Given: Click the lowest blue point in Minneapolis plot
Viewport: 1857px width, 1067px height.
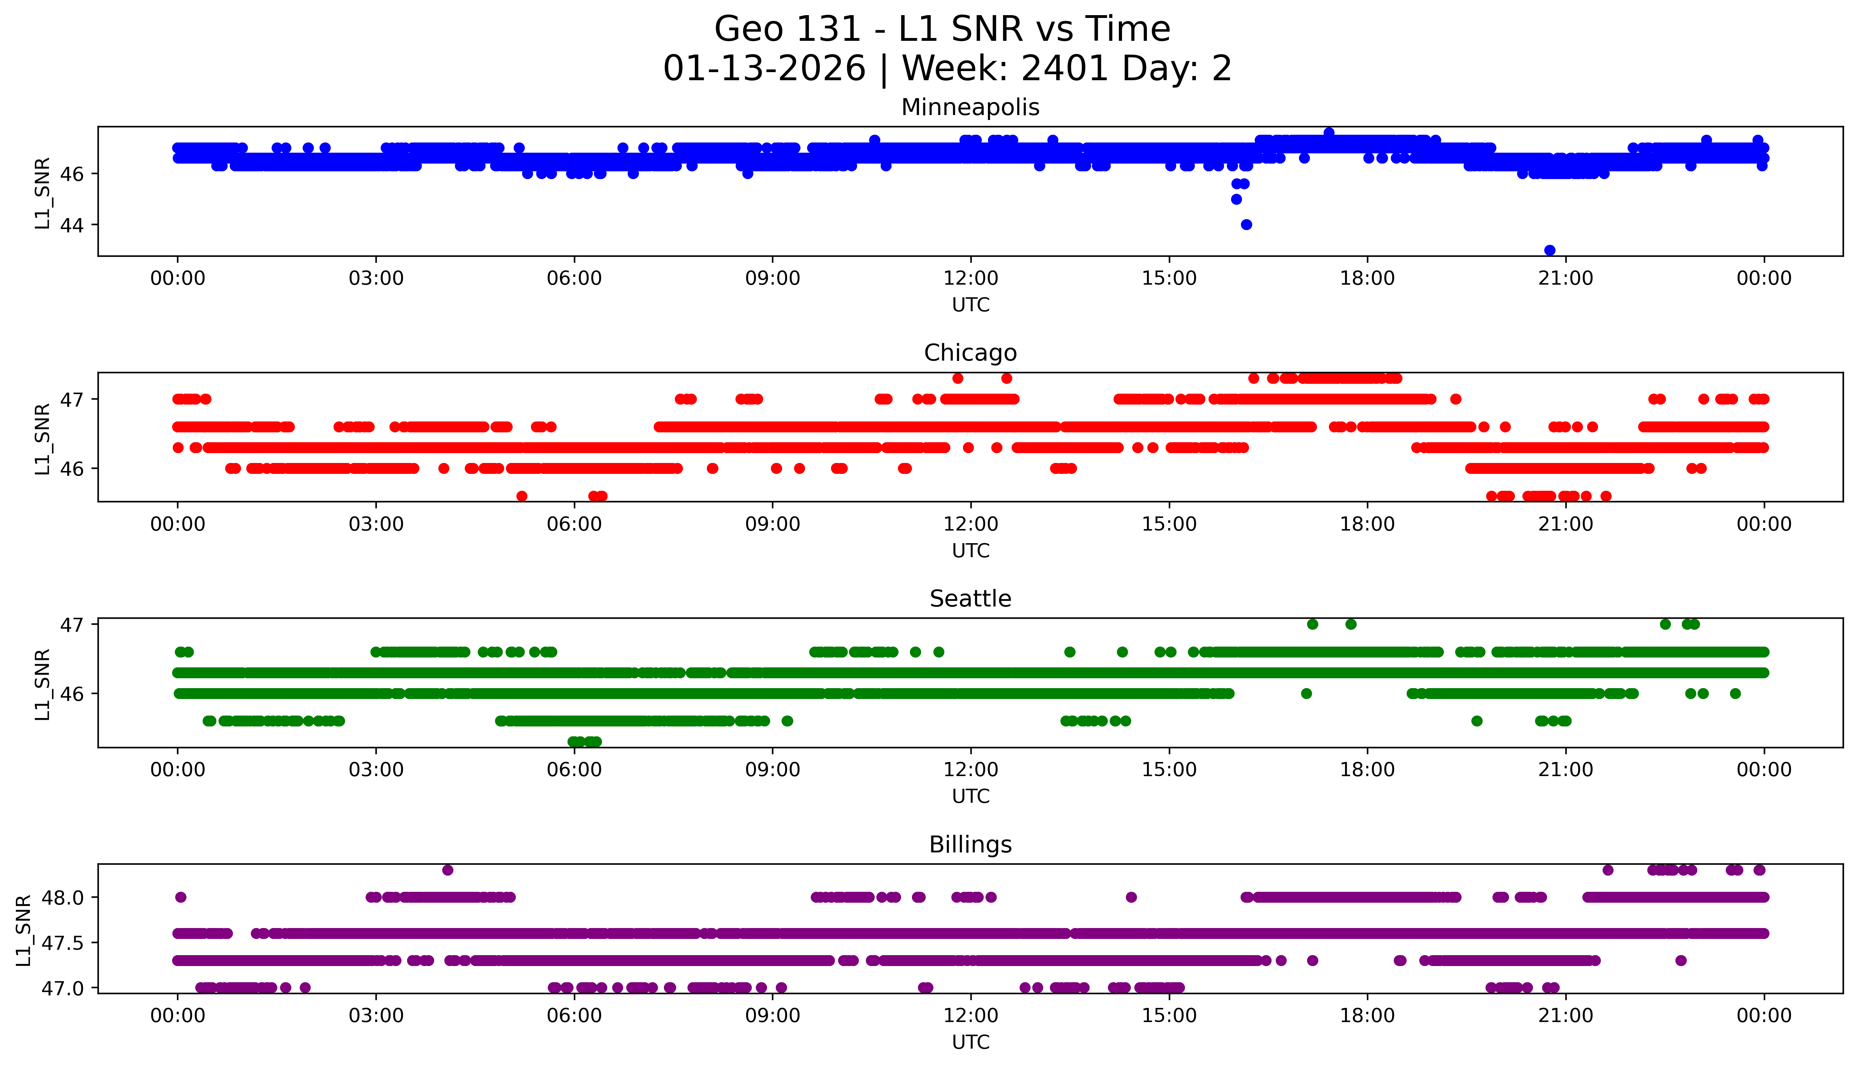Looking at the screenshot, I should click(1549, 250).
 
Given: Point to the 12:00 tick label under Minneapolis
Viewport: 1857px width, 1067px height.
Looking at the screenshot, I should click(970, 279).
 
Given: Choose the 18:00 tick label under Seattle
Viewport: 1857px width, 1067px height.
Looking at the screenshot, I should click(1367, 770).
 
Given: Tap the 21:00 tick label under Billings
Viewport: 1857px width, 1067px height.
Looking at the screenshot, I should click(1565, 1016).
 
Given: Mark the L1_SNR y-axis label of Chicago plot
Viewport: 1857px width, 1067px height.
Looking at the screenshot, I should click(43, 438).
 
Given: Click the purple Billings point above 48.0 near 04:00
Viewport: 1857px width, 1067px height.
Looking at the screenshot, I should click(448, 870).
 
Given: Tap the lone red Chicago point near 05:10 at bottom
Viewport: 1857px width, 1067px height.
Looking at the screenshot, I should click(522, 496).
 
